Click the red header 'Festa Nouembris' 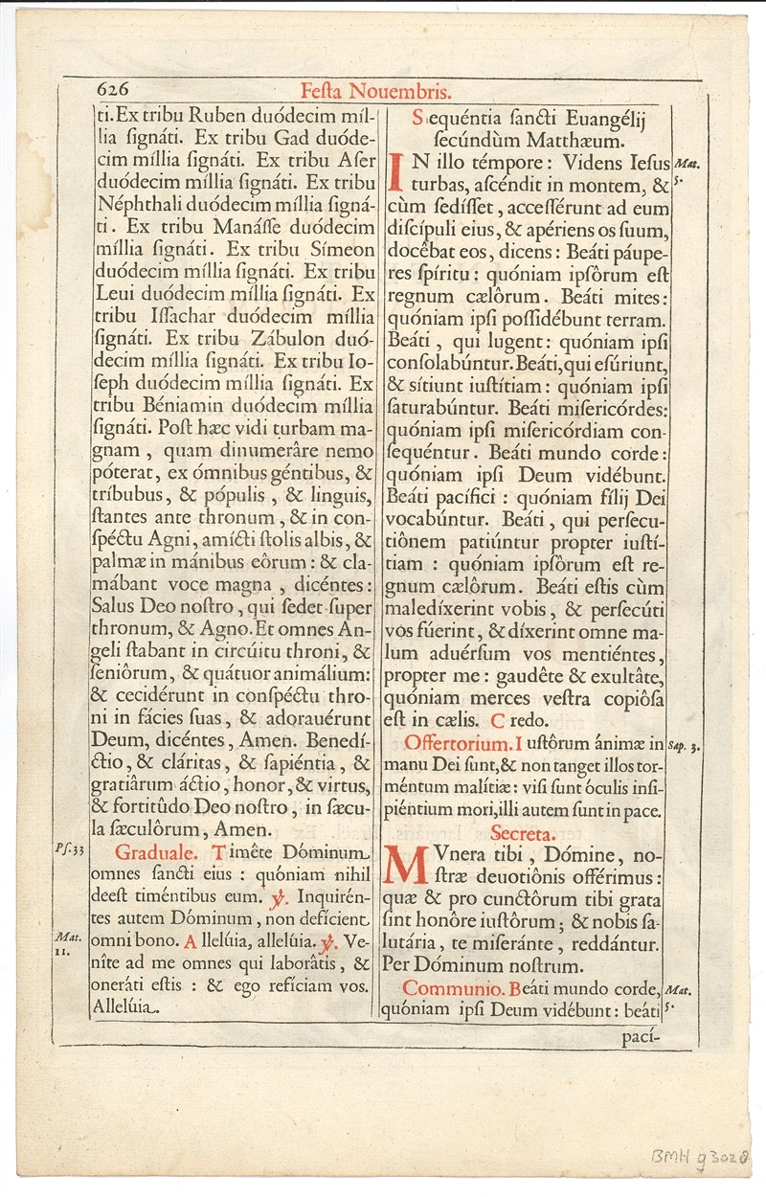point(375,92)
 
